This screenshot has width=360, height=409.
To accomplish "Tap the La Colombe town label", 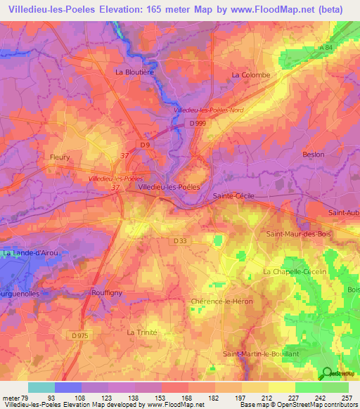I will pyautogui.click(x=251, y=74).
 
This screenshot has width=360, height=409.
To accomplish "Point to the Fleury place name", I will pyautogui.click(x=60, y=157).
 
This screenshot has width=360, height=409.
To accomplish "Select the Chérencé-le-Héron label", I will pyautogui.click(x=221, y=301).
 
